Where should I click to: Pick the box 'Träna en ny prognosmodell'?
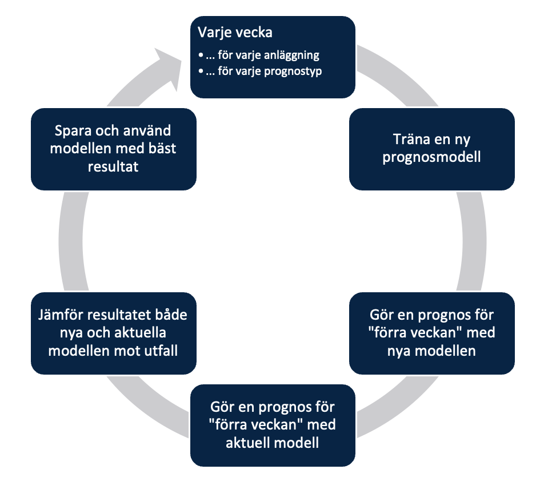[431, 149]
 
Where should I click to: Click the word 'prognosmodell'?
[431, 157]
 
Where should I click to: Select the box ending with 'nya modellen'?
[431, 333]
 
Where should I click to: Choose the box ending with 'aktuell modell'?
[272, 425]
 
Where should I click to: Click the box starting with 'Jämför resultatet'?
[113, 333]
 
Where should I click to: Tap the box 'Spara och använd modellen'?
[113, 149]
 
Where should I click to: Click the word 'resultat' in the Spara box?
[113, 166]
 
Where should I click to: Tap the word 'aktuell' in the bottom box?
[247, 443]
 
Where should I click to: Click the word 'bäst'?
[161, 149]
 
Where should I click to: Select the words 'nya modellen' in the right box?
[431, 351]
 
